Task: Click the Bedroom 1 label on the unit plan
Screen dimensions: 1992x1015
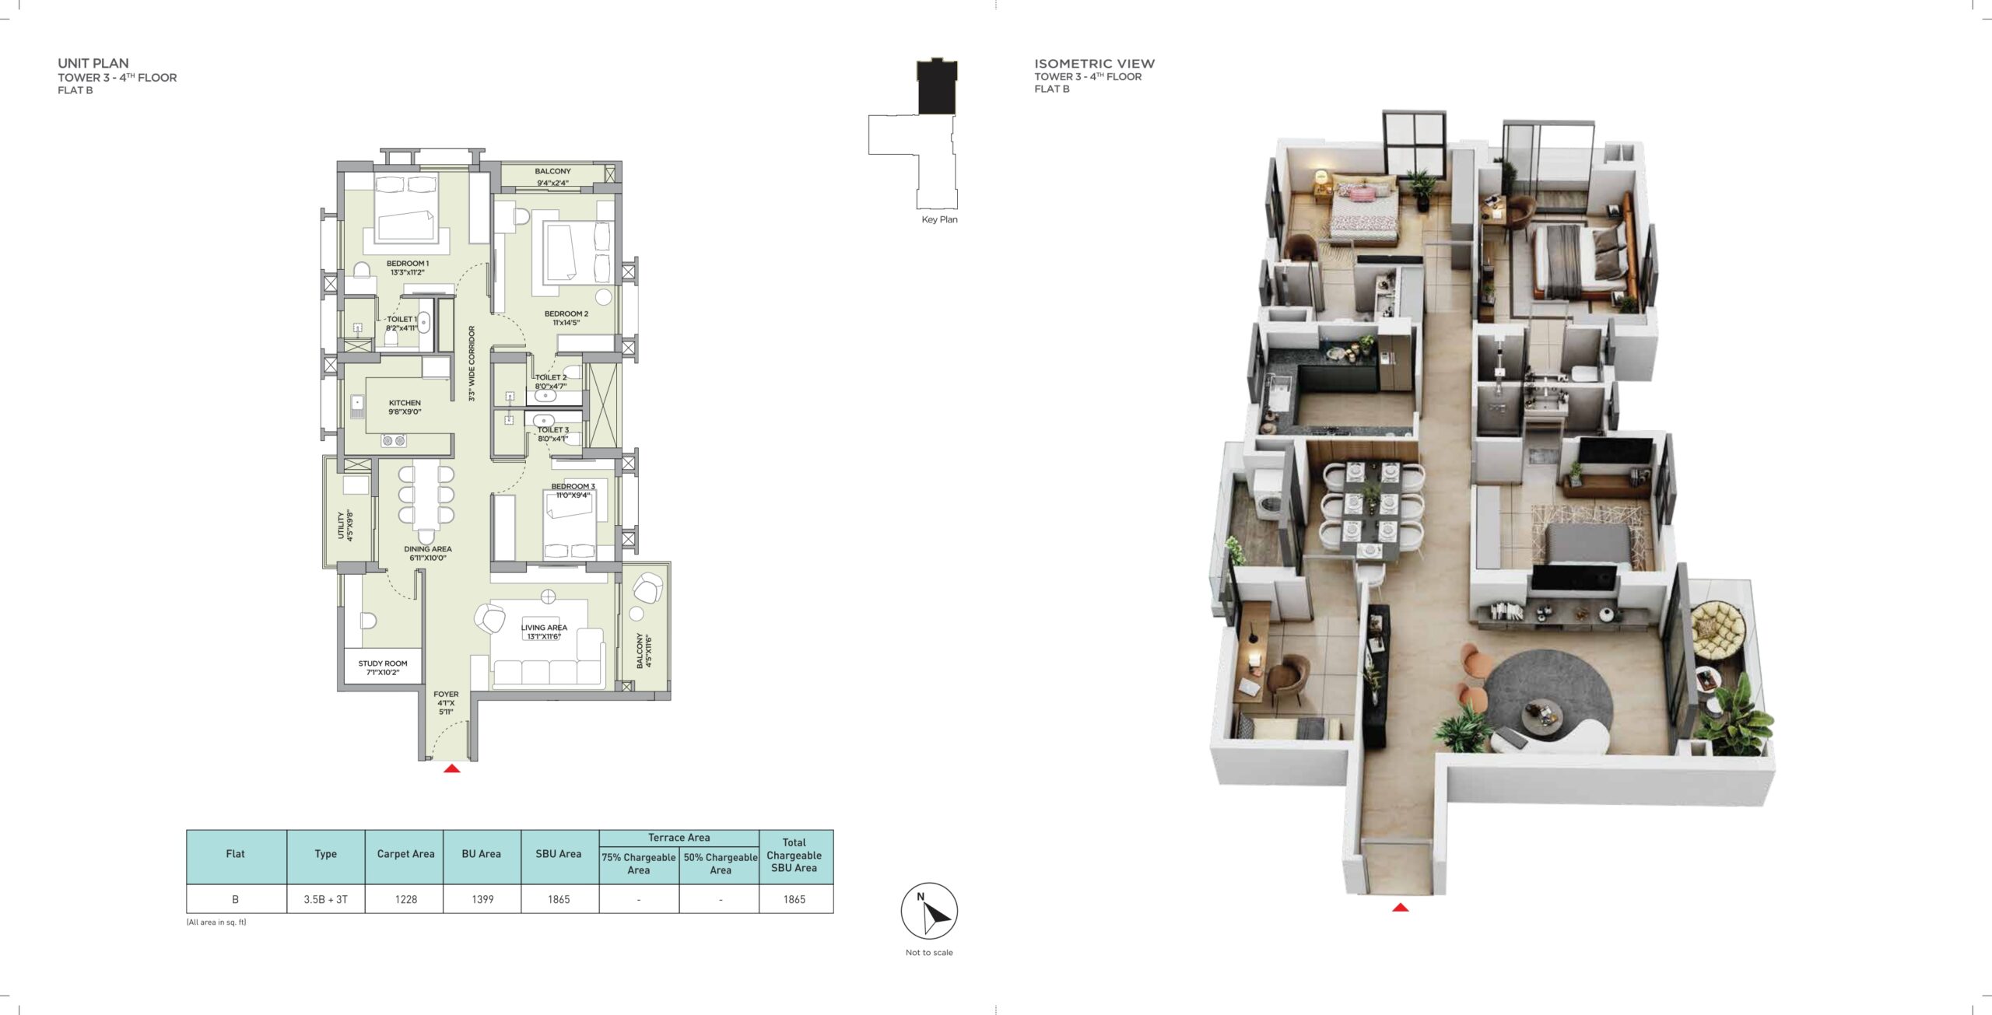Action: coord(407,264)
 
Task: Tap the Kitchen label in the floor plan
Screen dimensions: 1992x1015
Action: coord(405,403)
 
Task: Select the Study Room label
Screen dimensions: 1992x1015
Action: coord(383,663)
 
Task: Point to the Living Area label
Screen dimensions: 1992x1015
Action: coord(544,628)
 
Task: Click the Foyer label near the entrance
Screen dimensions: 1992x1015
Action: coord(446,694)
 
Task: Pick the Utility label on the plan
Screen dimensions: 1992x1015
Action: coord(341,525)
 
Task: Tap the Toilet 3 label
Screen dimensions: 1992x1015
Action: coord(552,429)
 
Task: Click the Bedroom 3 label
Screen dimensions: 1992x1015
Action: coord(573,487)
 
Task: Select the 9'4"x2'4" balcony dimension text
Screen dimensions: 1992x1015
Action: coord(552,184)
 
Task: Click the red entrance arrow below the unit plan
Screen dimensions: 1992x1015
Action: coord(451,768)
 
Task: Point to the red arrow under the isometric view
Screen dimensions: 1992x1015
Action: coord(1400,907)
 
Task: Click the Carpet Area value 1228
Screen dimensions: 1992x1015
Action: coord(406,899)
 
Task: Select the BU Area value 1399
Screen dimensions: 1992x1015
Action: coord(482,899)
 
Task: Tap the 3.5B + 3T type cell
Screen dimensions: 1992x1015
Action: coord(326,899)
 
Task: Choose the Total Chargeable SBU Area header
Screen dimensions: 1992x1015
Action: coord(794,855)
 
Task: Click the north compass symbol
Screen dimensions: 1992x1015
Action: coord(929,911)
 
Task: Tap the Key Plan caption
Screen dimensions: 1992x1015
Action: coord(939,219)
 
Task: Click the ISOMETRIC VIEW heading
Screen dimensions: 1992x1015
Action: coord(1094,64)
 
